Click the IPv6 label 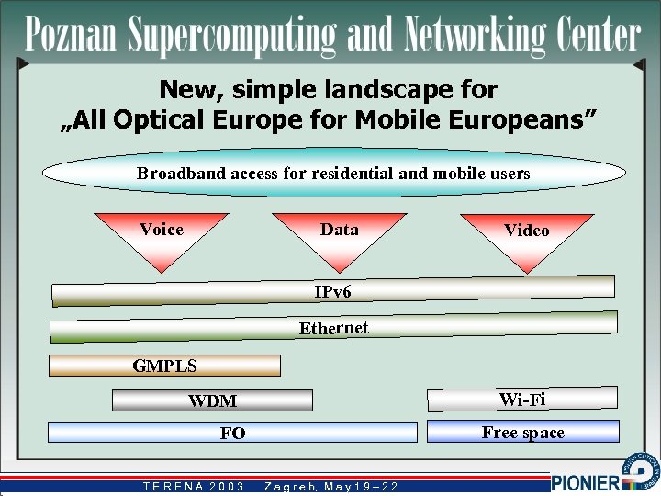(332, 292)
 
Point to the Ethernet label (333, 328)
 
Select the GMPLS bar (164, 366)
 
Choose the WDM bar (212, 400)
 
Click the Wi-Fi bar (522, 399)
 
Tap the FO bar (232, 433)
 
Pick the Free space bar (522, 432)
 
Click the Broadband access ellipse (333, 173)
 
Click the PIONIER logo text (586, 482)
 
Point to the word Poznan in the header (73, 35)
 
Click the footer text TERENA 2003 (194, 486)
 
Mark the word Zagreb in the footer (290, 486)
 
